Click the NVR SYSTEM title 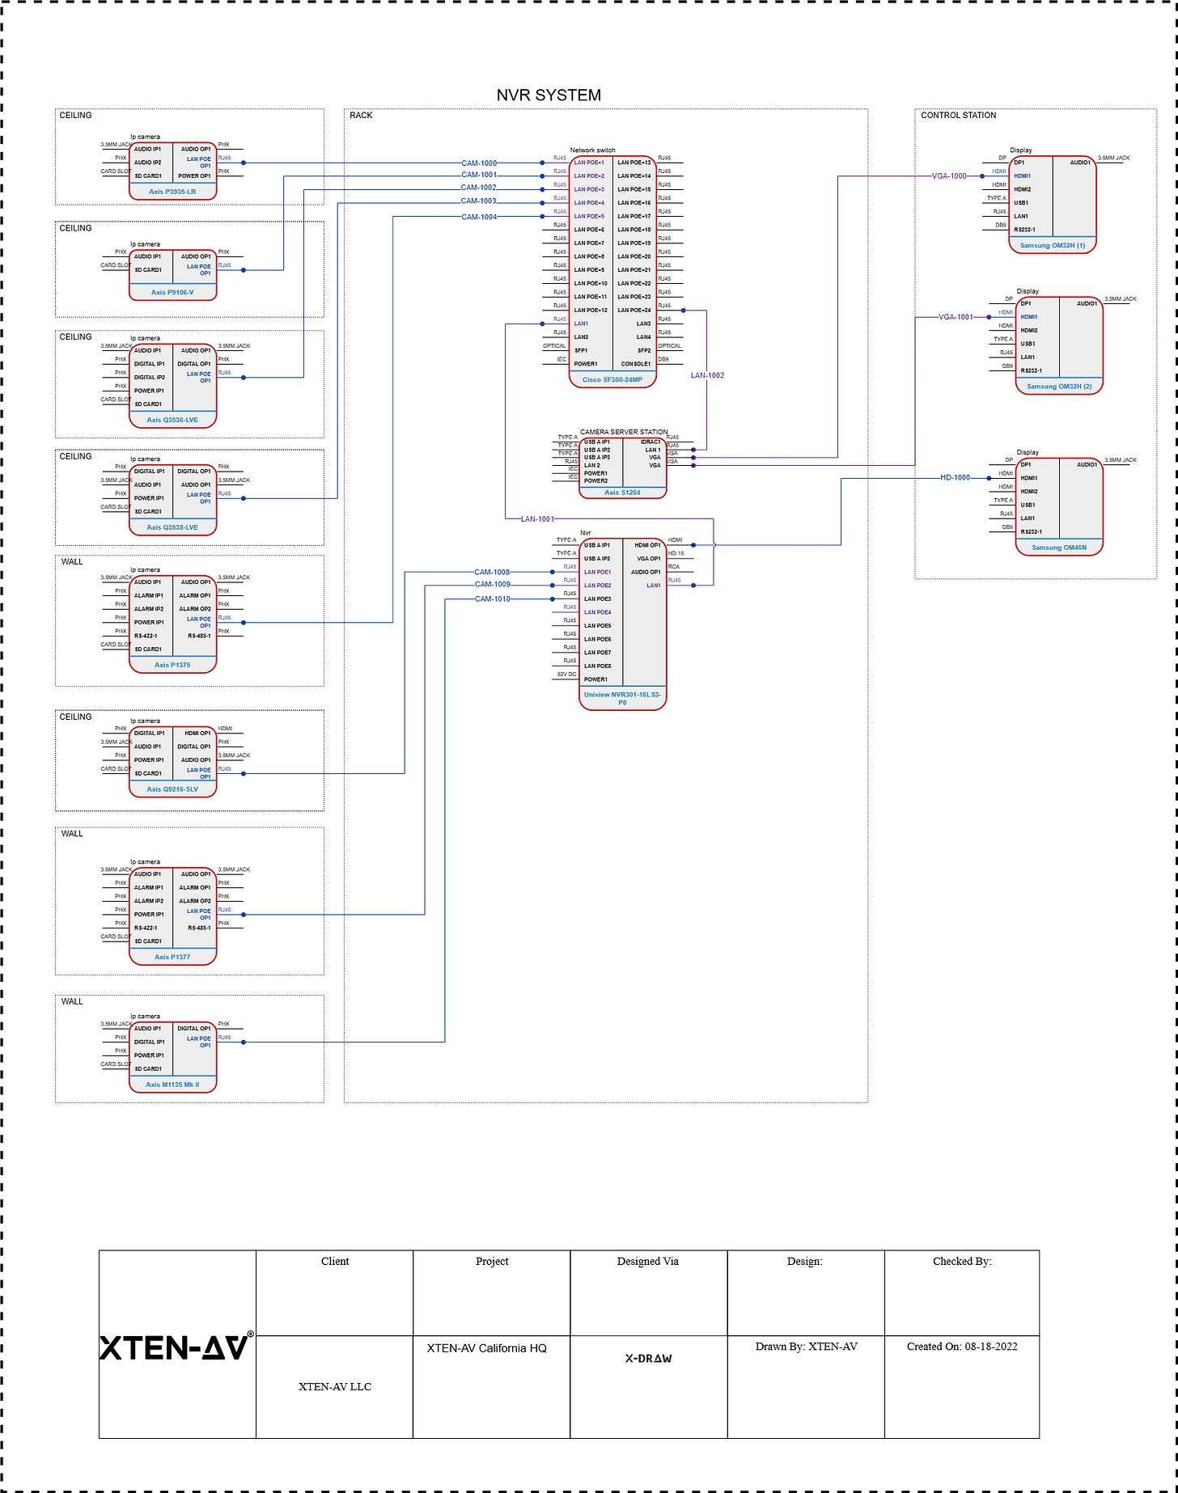[x=549, y=95]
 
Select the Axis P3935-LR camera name [x=172, y=192]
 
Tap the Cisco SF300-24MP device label [x=612, y=379]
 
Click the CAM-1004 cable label [x=479, y=217]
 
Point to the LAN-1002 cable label [x=707, y=375]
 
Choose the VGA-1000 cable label [x=949, y=176]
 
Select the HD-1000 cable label [x=955, y=478]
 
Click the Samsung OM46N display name [x=1059, y=548]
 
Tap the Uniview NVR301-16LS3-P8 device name [x=622, y=698]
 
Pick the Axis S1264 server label [x=622, y=492]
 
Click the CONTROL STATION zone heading [x=958, y=116]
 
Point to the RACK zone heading [x=361, y=116]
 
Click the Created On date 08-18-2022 [x=961, y=1347]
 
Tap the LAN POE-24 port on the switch [x=634, y=310]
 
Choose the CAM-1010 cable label [x=492, y=599]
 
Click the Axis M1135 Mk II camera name [x=172, y=1085]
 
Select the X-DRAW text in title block [x=648, y=1359]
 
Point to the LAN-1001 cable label [x=537, y=518]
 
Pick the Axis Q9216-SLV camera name [x=172, y=789]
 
